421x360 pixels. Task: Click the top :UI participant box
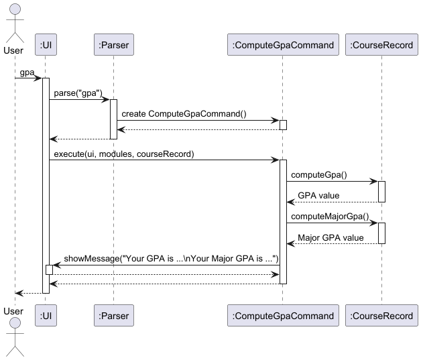[46, 46]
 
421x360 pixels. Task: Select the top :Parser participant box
[113, 46]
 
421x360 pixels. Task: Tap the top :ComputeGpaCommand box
[282, 46]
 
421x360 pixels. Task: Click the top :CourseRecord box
[381, 46]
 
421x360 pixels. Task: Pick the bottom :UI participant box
[46, 316]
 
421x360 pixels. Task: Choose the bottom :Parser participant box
[113, 316]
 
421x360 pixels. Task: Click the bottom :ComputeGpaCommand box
[282, 316]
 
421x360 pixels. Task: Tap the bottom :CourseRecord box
[381, 316]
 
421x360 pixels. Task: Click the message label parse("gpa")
[78, 93]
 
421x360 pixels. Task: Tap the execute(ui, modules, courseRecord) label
[124, 154]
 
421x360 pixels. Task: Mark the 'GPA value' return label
[318, 196]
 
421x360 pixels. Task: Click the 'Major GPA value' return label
[330, 237]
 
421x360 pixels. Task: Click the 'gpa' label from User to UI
[27, 72]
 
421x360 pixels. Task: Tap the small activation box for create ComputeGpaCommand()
[283, 125]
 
